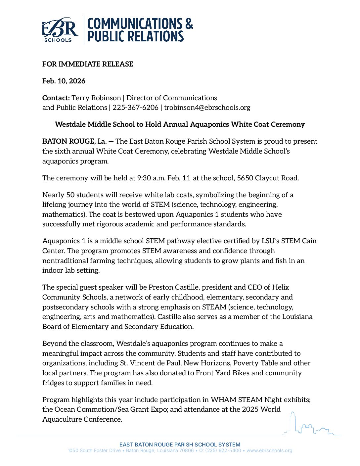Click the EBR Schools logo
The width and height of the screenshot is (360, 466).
[60, 30]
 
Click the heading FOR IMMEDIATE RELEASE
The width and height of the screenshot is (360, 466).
[88, 64]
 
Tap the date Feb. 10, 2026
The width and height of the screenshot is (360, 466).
[64, 81]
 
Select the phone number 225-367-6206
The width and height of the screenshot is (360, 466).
[135, 108]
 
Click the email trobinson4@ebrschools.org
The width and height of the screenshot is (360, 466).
[207, 108]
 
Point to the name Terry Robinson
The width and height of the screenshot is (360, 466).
[96, 98]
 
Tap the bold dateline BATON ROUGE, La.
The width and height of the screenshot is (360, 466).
[74, 141]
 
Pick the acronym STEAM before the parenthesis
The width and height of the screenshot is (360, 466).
[214, 307]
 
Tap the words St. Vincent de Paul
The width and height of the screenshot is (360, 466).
[150, 363]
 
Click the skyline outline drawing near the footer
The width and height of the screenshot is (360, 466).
[311, 425]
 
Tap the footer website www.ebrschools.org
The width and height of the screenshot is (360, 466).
[269, 451]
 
